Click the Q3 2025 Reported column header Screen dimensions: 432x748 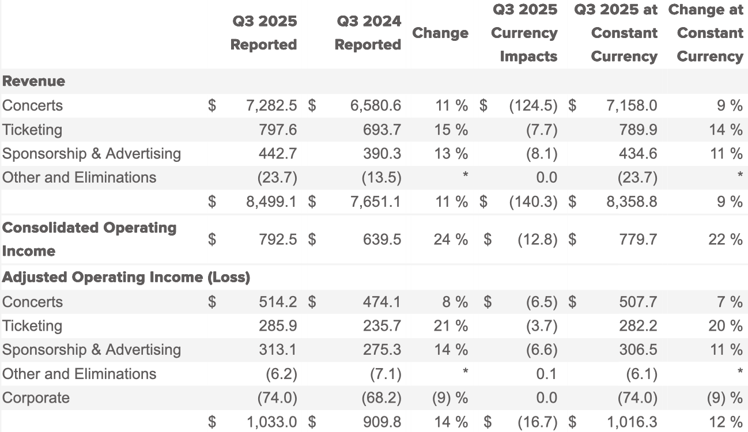(263, 33)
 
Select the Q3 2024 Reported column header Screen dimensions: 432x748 (368, 33)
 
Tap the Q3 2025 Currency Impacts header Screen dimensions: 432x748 (524, 33)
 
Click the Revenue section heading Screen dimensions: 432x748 (33, 81)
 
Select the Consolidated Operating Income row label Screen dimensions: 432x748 (89, 239)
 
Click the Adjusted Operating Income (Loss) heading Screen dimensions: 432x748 (126, 277)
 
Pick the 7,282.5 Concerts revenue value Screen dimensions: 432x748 (271, 105)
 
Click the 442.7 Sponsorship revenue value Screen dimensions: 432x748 (278, 154)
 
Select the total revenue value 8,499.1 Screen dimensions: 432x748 (271, 202)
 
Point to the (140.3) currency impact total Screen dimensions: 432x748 (533, 202)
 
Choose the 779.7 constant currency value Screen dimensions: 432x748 (637, 239)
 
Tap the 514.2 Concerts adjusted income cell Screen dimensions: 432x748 (278, 302)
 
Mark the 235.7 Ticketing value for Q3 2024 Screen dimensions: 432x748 (381, 326)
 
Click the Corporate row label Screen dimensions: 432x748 (36, 398)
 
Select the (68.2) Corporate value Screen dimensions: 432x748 (381, 398)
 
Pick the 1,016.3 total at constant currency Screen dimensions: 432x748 (631, 422)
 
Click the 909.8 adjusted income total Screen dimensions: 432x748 (381, 422)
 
